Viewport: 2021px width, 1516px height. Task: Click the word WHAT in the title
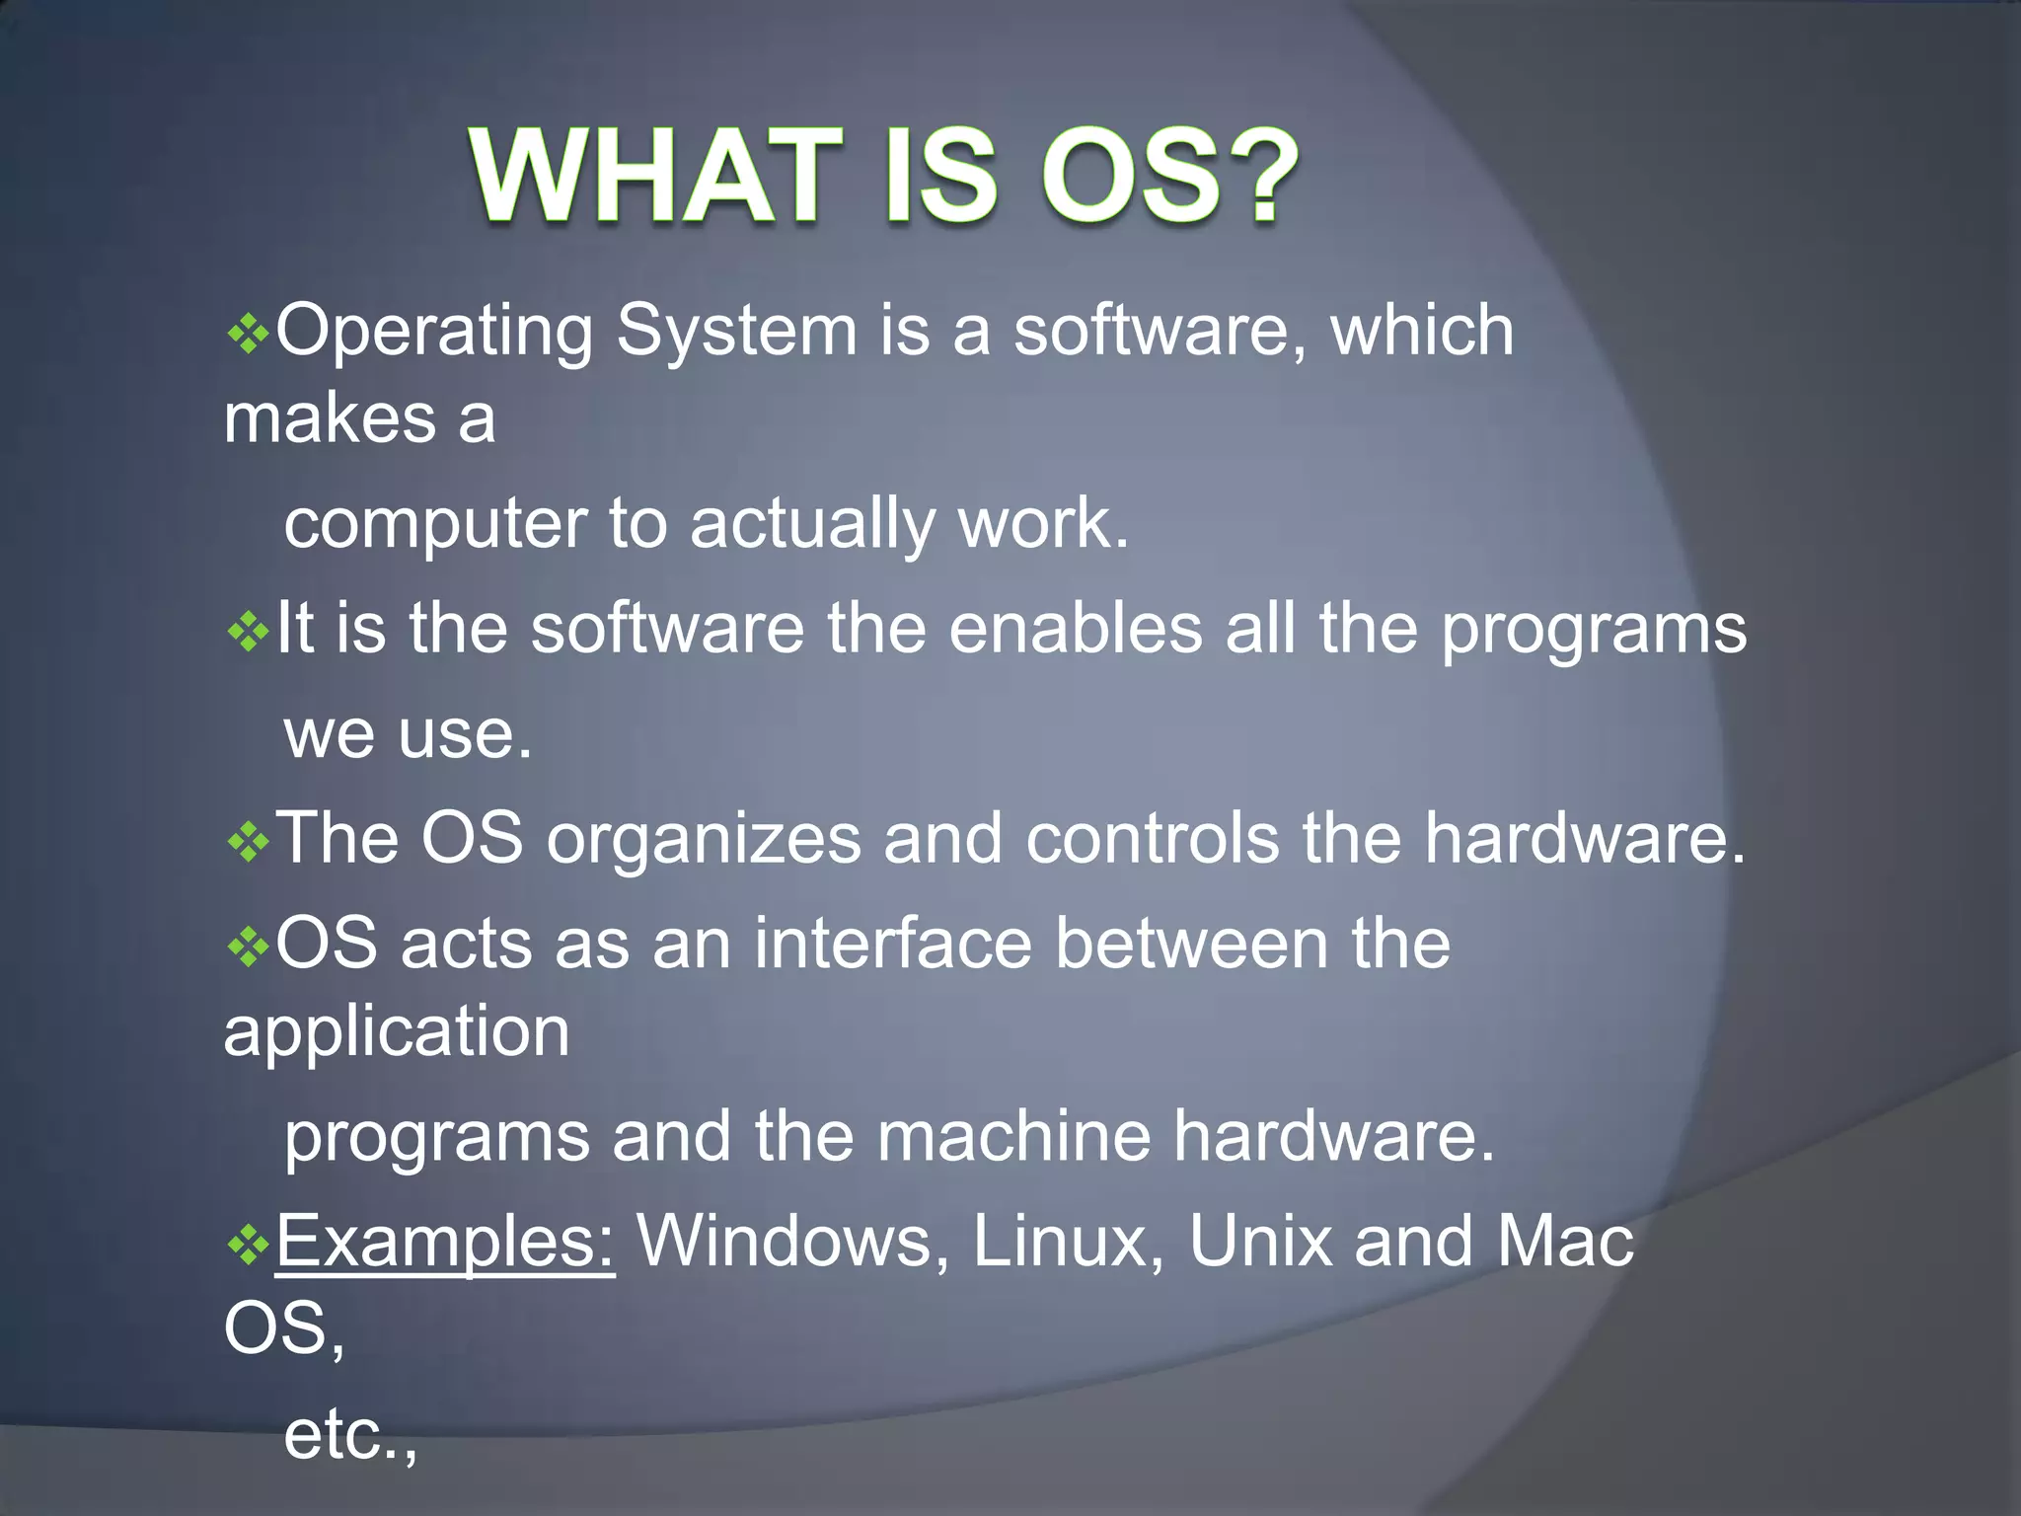pyautogui.click(x=653, y=178)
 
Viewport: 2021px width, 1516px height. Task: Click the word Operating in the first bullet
pyautogui.click(x=434, y=332)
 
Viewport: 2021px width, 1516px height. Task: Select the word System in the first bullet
pyautogui.click(x=736, y=332)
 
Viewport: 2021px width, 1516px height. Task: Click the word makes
pyautogui.click(x=330, y=418)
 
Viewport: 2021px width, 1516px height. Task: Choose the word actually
pyautogui.click(x=812, y=525)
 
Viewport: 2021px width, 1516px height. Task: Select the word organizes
pyautogui.click(x=704, y=840)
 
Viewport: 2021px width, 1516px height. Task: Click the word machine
pyautogui.click(x=1013, y=1136)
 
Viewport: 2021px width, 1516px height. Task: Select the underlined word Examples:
pyautogui.click(x=445, y=1243)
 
